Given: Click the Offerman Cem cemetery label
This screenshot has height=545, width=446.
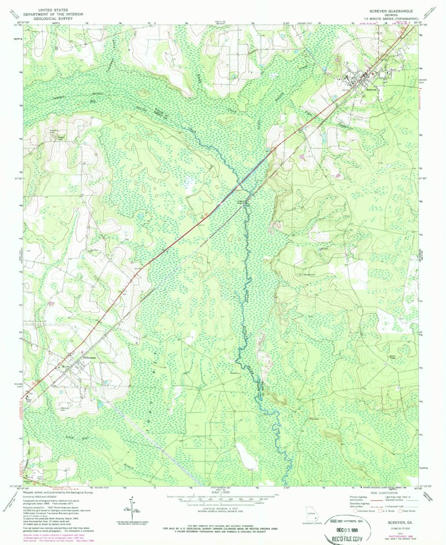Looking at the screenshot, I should pos(66,409).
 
